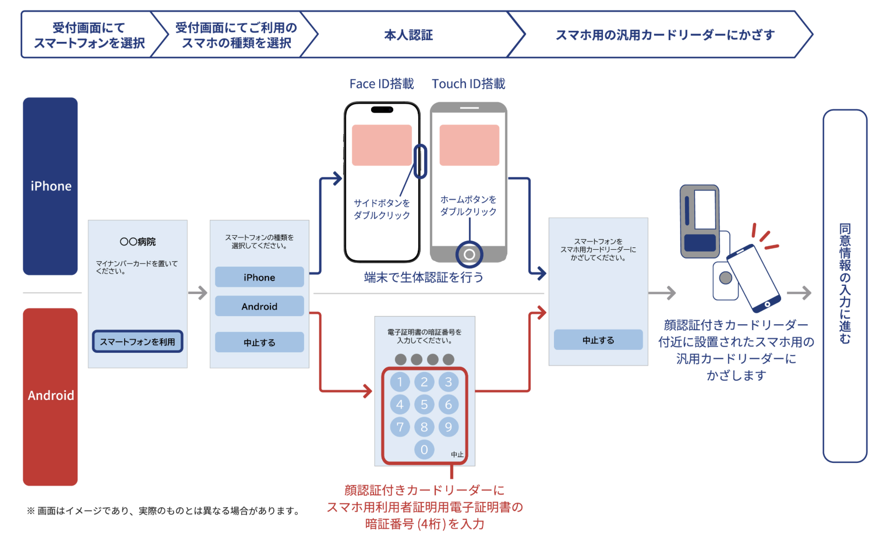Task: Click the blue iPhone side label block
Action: pos(51,186)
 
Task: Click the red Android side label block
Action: pos(51,396)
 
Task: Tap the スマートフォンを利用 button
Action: pos(138,342)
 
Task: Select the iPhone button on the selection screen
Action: pos(259,277)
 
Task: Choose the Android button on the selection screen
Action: pos(259,306)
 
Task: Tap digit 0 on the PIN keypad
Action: pos(424,449)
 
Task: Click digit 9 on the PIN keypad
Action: pos(448,427)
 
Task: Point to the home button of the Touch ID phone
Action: pos(469,254)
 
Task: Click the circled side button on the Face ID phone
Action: pos(420,161)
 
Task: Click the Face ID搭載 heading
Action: pos(381,84)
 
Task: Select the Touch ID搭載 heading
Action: pos(468,84)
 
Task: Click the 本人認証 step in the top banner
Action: pos(408,35)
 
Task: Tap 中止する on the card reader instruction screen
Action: pos(598,340)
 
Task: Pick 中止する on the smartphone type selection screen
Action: pos(259,342)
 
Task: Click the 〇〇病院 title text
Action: pos(138,242)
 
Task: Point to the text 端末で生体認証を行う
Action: pos(424,278)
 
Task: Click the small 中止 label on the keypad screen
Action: pos(457,454)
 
